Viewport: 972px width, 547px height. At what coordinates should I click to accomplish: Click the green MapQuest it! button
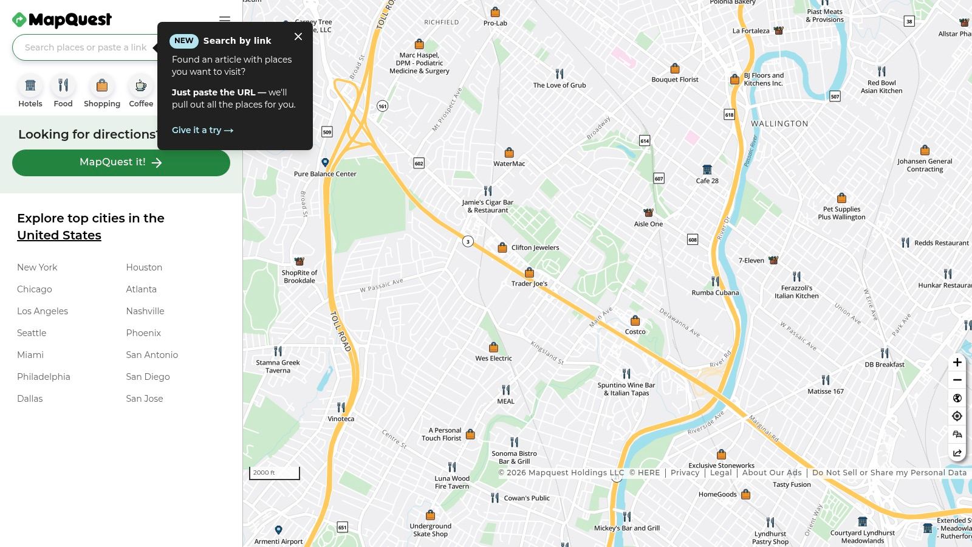click(x=121, y=163)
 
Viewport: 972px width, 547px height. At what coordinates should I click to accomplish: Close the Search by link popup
click(x=298, y=36)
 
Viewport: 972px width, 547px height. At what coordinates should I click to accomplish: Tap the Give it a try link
click(x=202, y=130)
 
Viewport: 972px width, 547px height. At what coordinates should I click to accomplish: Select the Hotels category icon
click(x=30, y=86)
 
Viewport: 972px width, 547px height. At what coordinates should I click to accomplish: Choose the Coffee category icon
click(x=141, y=86)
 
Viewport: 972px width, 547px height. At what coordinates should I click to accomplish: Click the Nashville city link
click(x=145, y=311)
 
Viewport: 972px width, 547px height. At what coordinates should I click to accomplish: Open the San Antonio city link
click(x=152, y=355)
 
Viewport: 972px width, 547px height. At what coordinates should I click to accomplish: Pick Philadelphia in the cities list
click(x=44, y=377)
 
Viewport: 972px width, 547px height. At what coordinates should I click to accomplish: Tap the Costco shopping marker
click(x=635, y=321)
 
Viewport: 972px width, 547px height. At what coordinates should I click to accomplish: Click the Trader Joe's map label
click(x=529, y=283)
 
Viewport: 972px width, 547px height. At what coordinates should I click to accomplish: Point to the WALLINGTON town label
click(x=779, y=123)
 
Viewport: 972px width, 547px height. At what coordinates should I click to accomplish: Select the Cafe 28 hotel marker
click(x=707, y=170)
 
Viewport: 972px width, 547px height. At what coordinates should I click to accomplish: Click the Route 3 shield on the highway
click(x=468, y=241)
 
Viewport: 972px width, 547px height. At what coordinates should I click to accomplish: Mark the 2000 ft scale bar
click(x=274, y=473)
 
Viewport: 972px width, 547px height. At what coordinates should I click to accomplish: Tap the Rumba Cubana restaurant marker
click(x=715, y=281)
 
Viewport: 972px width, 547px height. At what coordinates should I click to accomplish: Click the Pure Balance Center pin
click(x=325, y=162)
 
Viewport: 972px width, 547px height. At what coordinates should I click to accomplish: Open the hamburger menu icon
click(x=225, y=19)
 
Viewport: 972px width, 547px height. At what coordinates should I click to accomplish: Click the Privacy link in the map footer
click(x=685, y=473)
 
